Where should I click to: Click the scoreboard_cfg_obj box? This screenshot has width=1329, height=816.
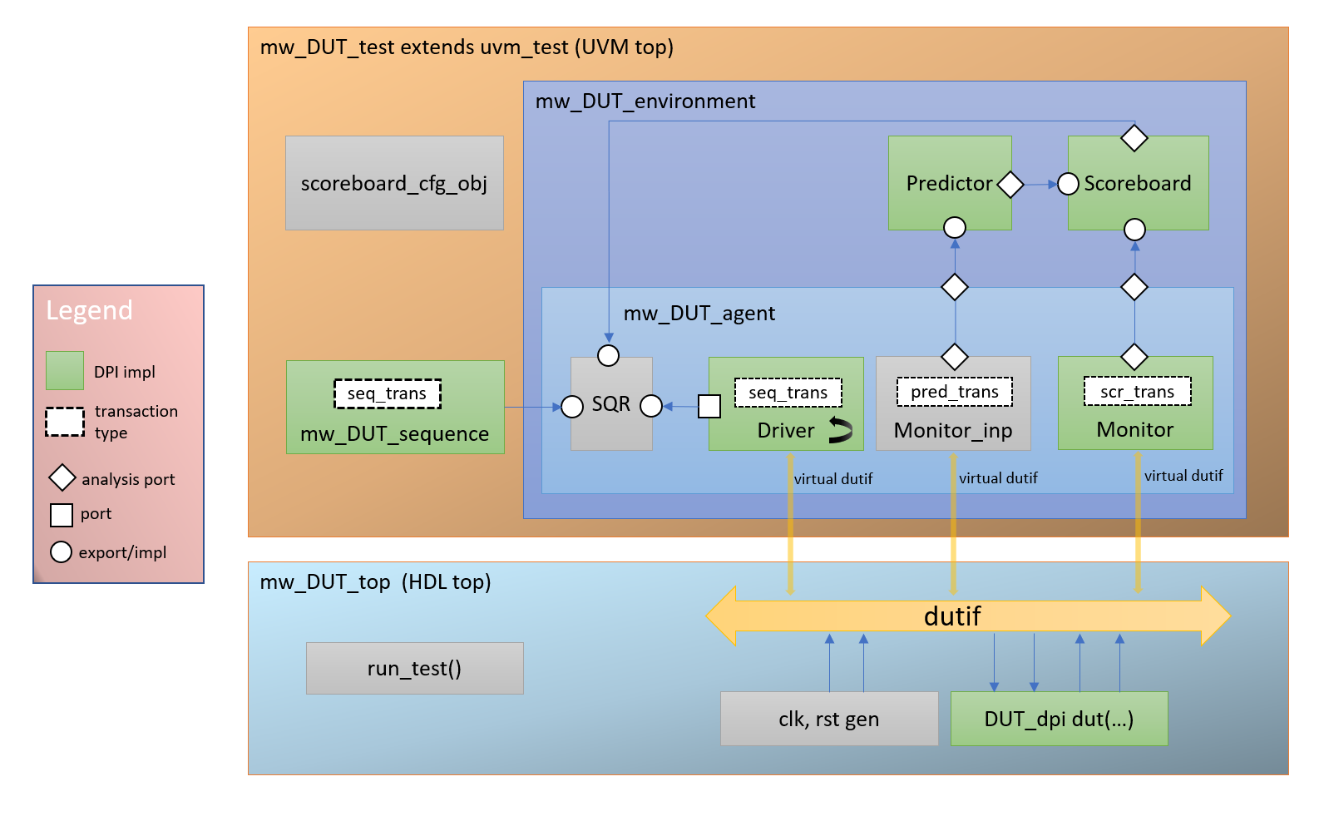click(394, 183)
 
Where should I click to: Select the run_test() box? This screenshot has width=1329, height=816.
click(414, 668)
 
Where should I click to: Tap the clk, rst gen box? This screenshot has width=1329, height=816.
click(828, 719)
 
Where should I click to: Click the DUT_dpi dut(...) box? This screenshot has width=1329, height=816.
click(1059, 719)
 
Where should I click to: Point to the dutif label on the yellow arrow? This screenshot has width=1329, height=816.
click(952, 616)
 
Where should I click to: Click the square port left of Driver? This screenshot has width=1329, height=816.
click(709, 406)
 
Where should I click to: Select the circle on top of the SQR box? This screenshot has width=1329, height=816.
click(609, 356)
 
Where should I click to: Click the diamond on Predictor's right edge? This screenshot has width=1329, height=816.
click(1010, 184)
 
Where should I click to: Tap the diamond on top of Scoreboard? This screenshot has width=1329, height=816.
click(1134, 138)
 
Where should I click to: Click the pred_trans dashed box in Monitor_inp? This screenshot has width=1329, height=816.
click(955, 392)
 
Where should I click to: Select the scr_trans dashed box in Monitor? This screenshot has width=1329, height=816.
click(1137, 392)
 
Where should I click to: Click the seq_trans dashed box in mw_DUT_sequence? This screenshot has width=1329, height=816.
click(388, 393)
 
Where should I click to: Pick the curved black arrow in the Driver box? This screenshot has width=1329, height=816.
click(840, 430)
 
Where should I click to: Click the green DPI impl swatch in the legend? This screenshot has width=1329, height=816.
click(65, 371)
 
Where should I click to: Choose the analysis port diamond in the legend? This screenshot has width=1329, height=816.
click(62, 478)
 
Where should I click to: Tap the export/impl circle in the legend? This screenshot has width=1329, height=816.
click(62, 552)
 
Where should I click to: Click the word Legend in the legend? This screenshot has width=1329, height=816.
click(89, 310)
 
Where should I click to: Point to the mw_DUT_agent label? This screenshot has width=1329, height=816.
click(699, 314)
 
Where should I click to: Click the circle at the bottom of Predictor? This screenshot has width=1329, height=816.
click(955, 227)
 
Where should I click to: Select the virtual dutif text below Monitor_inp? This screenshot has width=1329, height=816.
click(998, 478)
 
